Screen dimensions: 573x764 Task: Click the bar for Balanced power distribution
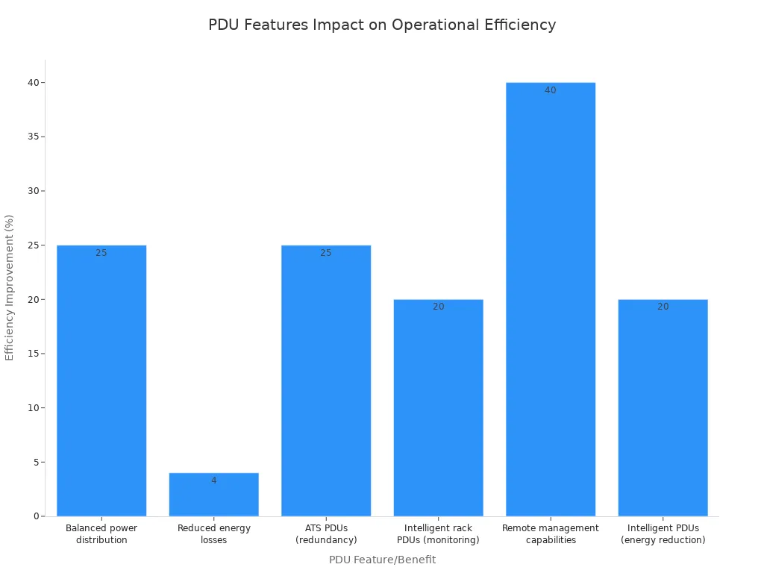[x=101, y=381]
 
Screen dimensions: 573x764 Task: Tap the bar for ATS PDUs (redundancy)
[x=326, y=381]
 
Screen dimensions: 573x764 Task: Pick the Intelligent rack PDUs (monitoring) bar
[x=438, y=407]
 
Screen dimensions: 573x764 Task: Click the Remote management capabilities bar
[x=551, y=299]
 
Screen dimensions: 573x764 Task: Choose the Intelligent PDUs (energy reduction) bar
[x=663, y=407]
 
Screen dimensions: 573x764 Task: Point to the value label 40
[x=551, y=90]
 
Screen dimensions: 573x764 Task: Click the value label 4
[x=214, y=480]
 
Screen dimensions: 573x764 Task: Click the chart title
[x=382, y=25]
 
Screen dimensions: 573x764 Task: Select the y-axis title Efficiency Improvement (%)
[x=10, y=287]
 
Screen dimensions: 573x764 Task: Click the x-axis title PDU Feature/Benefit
[x=382, y=560]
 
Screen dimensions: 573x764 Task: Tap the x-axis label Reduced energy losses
[x=214, y=534]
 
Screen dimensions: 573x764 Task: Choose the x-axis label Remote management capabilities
[x=551, y=534]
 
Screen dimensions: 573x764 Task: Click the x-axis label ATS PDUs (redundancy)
[x=326, y=534]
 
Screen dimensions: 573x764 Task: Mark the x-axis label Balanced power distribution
[x=101, y=534]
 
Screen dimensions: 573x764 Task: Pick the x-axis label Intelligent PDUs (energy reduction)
[x=663, y=534]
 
